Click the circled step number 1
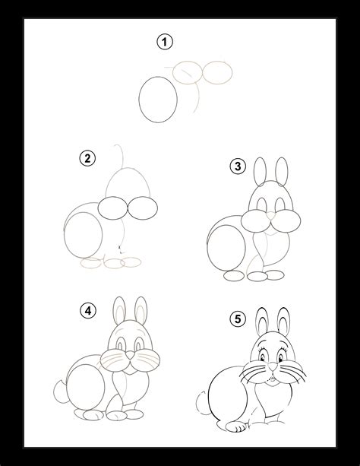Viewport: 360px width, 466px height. (162, 43)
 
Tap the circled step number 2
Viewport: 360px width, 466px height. (88, 158)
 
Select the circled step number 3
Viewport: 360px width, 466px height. (237, 166)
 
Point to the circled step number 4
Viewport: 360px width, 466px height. (88, 309)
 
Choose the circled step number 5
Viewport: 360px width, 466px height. (238, 319)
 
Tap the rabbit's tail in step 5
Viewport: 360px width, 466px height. (200, 399)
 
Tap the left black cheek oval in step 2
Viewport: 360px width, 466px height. (114, 208)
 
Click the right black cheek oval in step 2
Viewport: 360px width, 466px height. (142, 208)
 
